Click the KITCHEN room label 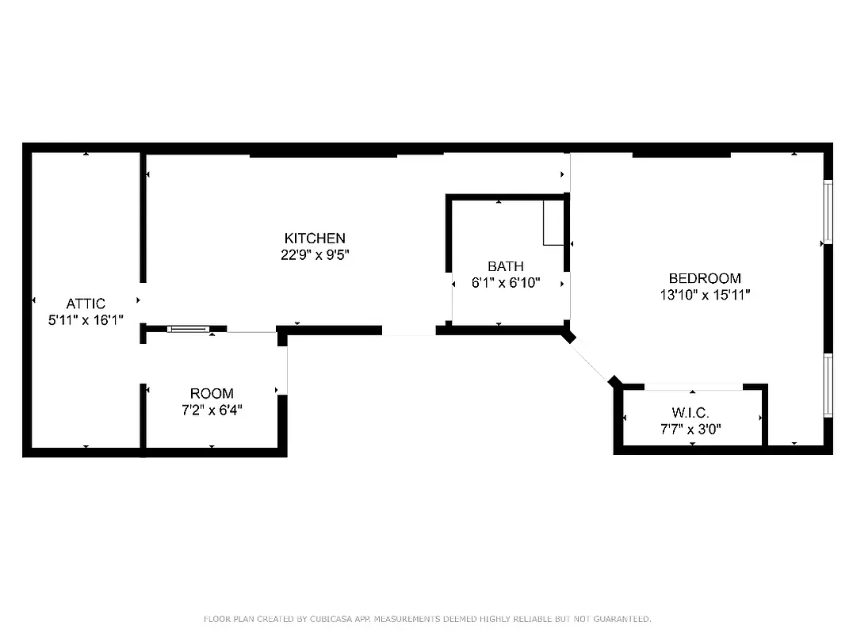315,238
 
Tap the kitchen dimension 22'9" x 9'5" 315,254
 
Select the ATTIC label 86,304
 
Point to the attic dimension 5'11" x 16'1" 86,320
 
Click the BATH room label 505,266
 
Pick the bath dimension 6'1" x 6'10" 505,283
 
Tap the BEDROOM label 705,278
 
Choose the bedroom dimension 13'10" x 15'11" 705,295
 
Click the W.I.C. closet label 690,413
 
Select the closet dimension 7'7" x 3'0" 690,430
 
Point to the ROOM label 212,393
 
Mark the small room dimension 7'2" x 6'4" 212,410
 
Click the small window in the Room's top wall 189,328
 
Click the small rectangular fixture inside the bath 553,223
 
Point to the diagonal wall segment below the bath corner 591,358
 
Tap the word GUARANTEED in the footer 622,618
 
